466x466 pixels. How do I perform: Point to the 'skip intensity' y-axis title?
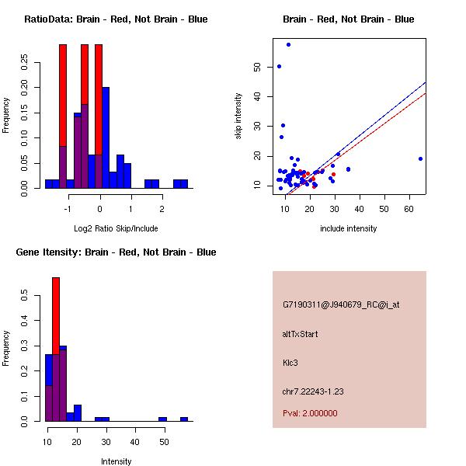coord(239,116)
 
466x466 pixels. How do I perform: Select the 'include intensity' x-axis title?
coord(349,228)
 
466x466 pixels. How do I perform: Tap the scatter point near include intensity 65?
coord(420,158)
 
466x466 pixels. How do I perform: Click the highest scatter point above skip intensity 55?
coord(288,44)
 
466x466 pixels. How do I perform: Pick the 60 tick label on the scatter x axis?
coord(409,208)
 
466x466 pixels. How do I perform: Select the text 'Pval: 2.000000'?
coord(310,413)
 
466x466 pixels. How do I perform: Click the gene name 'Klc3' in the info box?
coord(292,362)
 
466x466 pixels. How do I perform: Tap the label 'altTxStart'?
coord(300,334)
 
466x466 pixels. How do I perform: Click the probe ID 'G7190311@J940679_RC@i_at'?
coord(341,305)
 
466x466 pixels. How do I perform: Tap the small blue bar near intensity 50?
coord(162,419)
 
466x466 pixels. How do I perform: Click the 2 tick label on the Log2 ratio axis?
coord(162,208)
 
